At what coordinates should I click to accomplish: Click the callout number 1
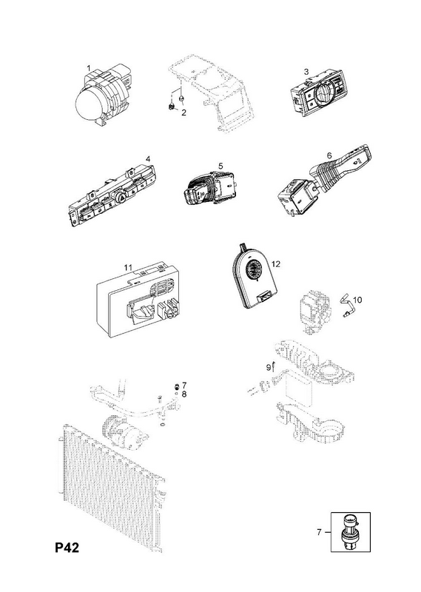click(x=89, y=68)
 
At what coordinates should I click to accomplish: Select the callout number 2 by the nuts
click(x=184, y=112)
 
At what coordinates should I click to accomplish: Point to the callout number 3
click(x=306, y=71)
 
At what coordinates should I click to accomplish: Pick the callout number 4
click(x=149, y=159)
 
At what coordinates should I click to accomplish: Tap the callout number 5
click(x=220, y=166)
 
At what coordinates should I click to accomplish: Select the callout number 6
click(x=329, y=155)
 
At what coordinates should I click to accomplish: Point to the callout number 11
click(x=129, y=267)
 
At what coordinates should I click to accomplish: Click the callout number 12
click(x=276, y=264)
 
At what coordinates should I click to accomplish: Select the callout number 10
click(x=357, y=300)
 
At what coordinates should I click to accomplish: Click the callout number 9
click(x=269, y=366)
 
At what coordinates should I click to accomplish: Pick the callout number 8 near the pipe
click(x=184, y=394)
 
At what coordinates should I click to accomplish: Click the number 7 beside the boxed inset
click(x=319, y=532)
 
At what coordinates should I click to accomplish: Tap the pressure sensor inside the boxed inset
click(x=350, y=531)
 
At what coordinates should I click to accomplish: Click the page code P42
click(x=67, y=548)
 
